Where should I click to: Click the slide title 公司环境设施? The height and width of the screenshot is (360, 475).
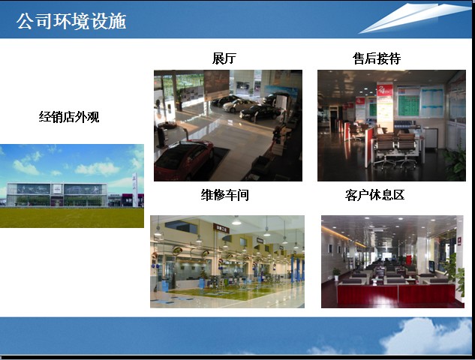71,21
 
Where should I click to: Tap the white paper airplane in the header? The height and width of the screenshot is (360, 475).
415,17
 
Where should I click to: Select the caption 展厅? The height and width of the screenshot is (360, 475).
224,58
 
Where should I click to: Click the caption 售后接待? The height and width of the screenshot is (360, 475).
377,58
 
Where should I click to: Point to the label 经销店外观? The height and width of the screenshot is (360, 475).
69,117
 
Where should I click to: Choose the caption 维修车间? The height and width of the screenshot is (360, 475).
225,195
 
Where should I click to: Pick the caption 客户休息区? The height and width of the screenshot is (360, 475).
374,195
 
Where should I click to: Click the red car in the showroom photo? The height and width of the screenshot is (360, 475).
184,160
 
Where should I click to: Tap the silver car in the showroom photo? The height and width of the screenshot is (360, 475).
239,105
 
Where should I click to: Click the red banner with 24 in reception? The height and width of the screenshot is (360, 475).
385,89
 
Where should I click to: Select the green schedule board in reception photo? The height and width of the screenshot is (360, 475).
409,102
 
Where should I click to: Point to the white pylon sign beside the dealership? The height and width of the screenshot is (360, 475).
135,190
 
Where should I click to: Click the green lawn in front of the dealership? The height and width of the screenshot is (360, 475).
72,217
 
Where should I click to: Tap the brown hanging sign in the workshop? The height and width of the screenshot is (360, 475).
221,228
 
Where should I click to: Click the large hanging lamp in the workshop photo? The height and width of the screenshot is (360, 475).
236,221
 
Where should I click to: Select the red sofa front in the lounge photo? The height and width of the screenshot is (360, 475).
396,295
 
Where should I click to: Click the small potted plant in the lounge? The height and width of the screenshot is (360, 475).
336,274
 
